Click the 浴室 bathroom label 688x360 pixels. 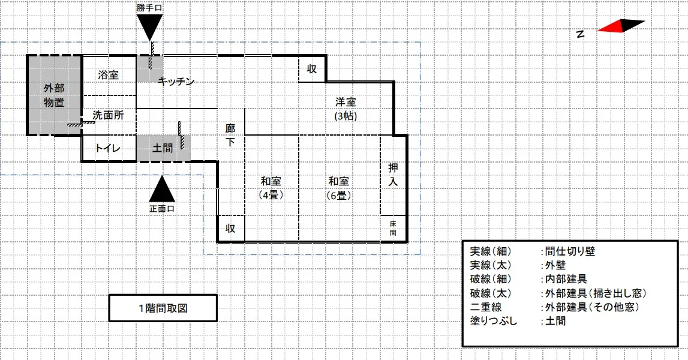coord(109,75)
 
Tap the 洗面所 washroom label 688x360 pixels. coord(109,115)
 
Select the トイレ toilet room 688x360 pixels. coord(109,148)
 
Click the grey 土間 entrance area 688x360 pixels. coord(163,148)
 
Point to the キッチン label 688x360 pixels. coord(176,81)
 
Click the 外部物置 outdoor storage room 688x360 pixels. coord(55,95)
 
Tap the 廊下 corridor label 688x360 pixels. coord(230,135)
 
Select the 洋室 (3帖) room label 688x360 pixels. coord(345,109)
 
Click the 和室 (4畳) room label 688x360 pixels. coord(271,188)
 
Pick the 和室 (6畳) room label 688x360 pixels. coord(339,188)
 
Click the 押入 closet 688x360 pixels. coord(393,175)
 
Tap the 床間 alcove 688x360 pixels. coord(393,228)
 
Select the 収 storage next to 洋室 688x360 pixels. coord(312,69)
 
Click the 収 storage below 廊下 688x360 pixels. coord(231,228)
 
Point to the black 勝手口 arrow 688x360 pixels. coord(149,28)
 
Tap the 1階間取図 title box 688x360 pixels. coord(163,308)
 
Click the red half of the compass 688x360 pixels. coord(611,27)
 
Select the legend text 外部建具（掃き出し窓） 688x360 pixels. coord(596,293)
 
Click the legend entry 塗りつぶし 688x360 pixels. coord(494,321)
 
